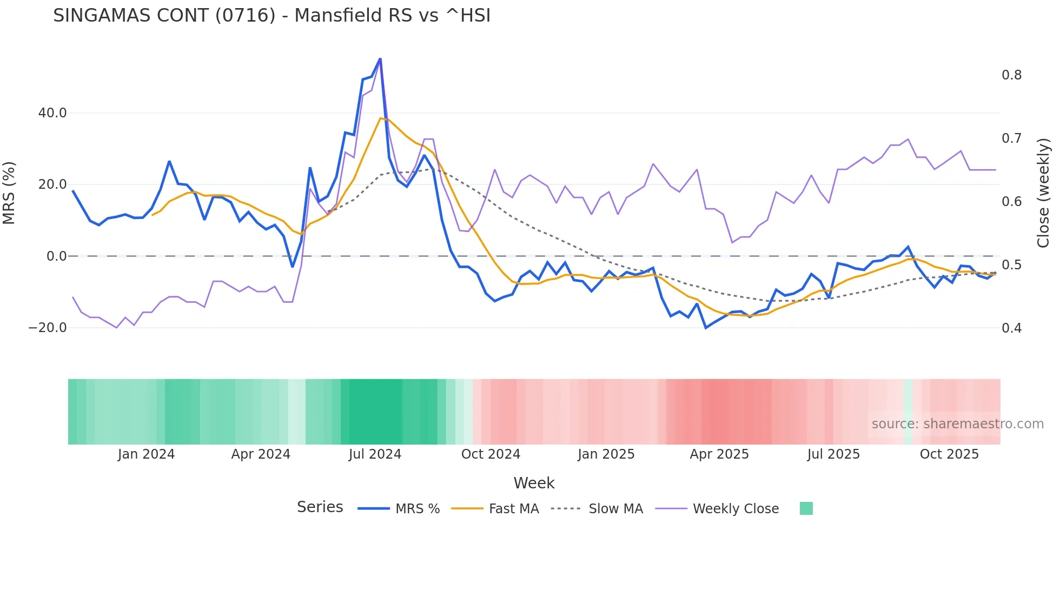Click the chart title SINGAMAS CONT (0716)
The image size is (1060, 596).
(x=271, y=16)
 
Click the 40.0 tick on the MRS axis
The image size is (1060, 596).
(x=52, y=113)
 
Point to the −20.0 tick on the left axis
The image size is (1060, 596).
(x=48, y=328)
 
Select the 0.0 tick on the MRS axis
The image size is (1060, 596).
(x=57, y=256)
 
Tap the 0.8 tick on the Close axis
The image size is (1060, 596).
(x=1011, y=75)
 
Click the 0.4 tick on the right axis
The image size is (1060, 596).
(x=1011, y=328)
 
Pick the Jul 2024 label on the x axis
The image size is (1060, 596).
(x=375, y=454)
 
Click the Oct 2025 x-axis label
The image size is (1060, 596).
(x=949, y=454)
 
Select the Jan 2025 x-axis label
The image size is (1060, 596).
(x=606, y=454)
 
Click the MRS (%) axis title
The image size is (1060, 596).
(x=9, y=193)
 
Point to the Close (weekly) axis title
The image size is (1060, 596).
(x=1043, y=193)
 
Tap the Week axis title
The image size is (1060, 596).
(x=534, y=483)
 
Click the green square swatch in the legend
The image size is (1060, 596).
(x=806, y=508)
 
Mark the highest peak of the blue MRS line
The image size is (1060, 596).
(x=380, y=58)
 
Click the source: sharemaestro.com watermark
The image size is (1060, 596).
(x=957, y=424)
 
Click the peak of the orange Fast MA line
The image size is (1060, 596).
(x=381, y=118)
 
